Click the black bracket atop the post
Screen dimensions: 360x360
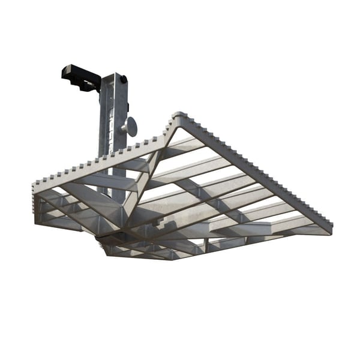click(81, 77)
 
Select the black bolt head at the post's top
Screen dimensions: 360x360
click(122, 79)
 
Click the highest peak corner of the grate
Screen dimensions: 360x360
click(178, 115)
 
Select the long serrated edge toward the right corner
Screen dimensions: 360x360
click(258, 167)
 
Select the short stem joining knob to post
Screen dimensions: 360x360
click(124, 127)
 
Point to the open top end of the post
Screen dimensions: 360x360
click(114, 75)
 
